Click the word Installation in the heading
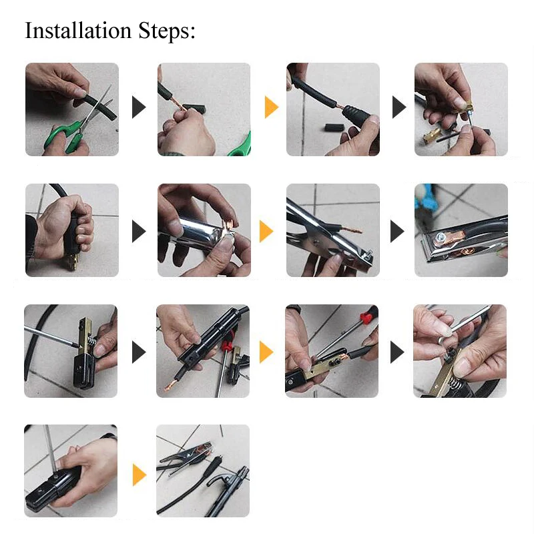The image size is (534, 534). (x=78, y=30)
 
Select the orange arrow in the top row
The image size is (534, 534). (x=272, y=107)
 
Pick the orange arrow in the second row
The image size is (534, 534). (x=266, y=231)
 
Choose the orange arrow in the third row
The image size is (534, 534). (x=266, y=352)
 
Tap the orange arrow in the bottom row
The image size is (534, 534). (x=140, y=475)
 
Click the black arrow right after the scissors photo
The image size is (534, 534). (x=139, y=107)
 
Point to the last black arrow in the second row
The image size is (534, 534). (x=397, y=231)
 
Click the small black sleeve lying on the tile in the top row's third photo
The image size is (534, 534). (x=334, y=128)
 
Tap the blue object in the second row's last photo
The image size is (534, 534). (x=423, y=199)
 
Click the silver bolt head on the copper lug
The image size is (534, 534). (x=441, y=237)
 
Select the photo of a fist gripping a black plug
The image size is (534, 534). (x=72, y=230)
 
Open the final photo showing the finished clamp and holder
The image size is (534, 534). (x=203, y=471)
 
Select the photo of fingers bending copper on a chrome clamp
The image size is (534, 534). (x=204, y=230)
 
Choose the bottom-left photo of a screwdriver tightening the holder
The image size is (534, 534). (x=71, y=471)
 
